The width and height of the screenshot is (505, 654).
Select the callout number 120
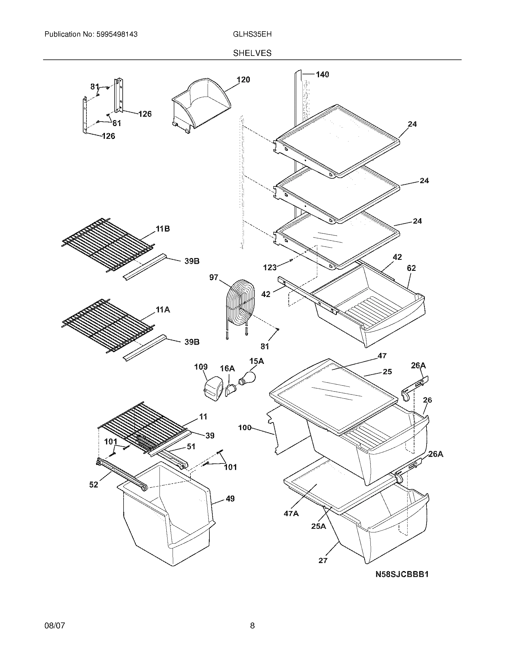(x=243, y=80)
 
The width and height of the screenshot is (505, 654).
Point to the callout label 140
(x=322, y=74)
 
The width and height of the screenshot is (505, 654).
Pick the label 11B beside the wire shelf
(x=162, y=229)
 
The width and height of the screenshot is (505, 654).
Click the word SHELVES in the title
(x=252, y=53)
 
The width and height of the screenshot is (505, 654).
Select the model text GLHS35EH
(x=252, y=34)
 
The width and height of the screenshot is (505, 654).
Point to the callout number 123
(x=269, y=268)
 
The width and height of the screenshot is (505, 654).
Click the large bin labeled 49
(x=168, y=518)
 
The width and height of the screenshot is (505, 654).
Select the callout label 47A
(x=291, y=514)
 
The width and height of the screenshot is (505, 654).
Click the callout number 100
(x=245, y=427)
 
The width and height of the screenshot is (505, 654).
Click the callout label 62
(x=411, y=268)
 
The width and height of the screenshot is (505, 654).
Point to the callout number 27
(x=323, y=560)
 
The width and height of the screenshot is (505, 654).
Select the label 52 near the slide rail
(x=94, y=485)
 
